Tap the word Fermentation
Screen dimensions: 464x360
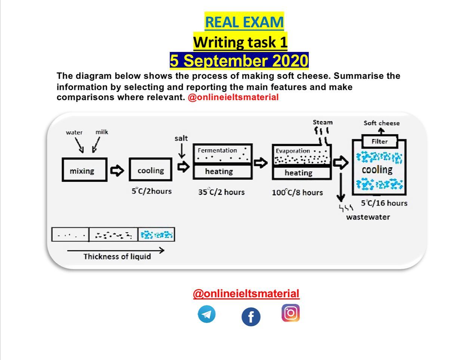coord(217,150)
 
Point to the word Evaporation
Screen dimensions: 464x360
coord(292,151)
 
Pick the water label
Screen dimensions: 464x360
coord(74,132)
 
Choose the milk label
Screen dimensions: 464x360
coord(102,132)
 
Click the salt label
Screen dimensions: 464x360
coord(181,138)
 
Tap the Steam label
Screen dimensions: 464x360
coord(323,122)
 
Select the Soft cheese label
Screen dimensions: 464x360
coord(382,123)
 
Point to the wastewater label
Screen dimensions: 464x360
coord(368,217)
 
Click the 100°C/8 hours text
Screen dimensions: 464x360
coord(297,193)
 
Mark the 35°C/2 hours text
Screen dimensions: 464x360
coord(221,192)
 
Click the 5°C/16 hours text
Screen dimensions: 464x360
coord(384,203)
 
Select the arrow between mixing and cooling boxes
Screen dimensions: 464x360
coord(117,170)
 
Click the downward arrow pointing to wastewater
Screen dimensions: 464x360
coord(341,187)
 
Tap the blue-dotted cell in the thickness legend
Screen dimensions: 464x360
coord(156,234)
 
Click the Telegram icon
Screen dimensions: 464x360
coord(206,314)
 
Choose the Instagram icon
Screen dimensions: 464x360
coord(291,313)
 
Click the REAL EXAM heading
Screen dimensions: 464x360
coord(244,22)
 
